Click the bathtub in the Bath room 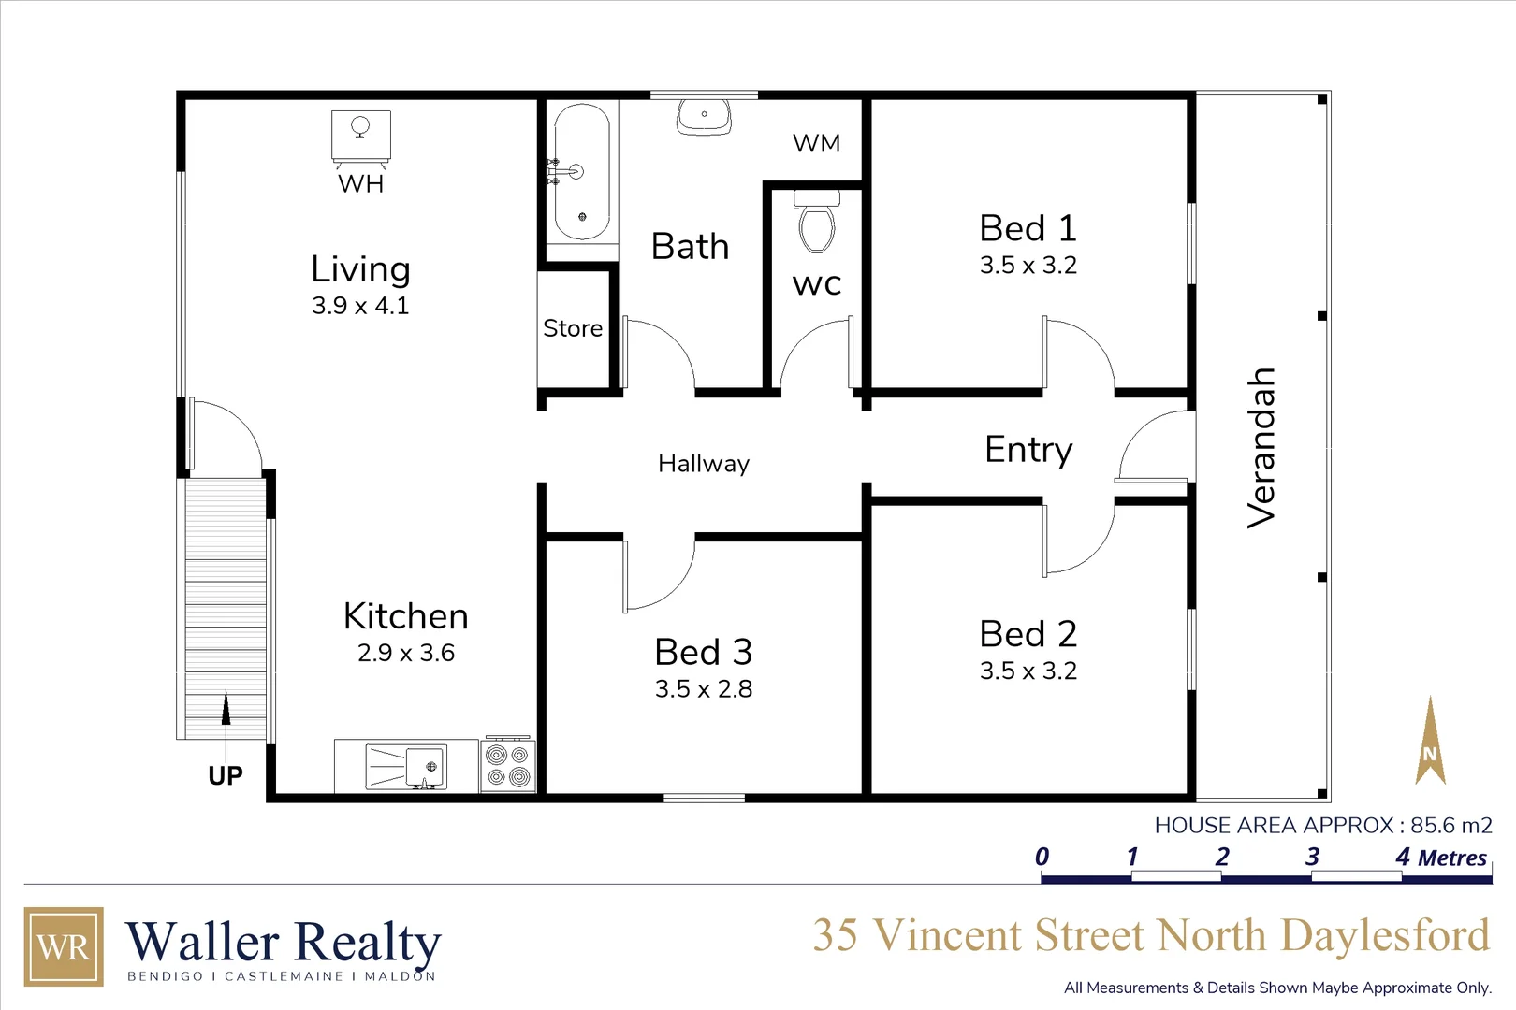click(x=582, y=171)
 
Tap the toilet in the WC click(x=817, y=224)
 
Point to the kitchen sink click(x=407, y=766)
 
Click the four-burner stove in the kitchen click(x=508, y=766)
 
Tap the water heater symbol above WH click(x=361, y=135)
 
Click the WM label click(x=816, y=143)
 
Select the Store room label click(x=573, y=328)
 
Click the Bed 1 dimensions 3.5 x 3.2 click(x=1028, y=266)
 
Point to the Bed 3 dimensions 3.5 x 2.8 click(x=704, y=689)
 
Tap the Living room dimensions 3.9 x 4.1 click(x=360, y=306)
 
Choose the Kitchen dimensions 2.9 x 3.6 click(x=406, y=653)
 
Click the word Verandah click(x=1261, y=448)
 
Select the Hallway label click(x=704, y=464)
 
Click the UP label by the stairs click(x=226, y=775)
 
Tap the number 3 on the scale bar click(x=1313, y=857)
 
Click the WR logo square click(x=64, y=946)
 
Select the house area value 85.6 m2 click(x=1450, y=826)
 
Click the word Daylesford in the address click(x=1385, y=936)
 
